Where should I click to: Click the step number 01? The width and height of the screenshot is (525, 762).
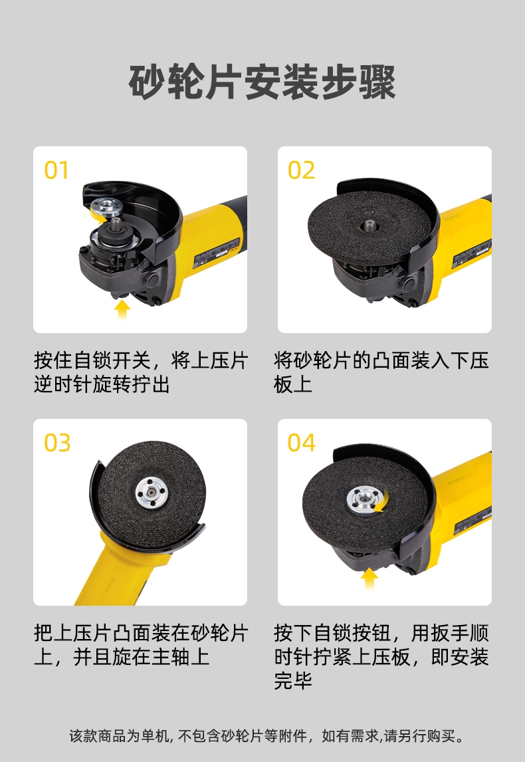[x=56, y=170]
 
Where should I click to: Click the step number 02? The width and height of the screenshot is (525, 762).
[x=301, y=170]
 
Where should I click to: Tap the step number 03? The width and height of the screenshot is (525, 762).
[x=57, y=443]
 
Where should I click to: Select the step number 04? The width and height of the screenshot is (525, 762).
[x=302, y=443]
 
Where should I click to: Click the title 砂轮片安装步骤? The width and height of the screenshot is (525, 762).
[x=262, y=82]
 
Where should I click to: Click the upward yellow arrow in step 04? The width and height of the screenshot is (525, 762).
[x=369, y=578]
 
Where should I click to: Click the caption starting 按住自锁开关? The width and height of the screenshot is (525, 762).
[x=141, y=372]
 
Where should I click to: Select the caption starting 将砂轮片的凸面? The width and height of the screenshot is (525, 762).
[x=381, y=372]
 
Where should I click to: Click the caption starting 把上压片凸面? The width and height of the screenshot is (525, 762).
[x=141, y=645]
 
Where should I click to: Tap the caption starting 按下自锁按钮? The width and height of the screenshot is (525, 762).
[x=381, y=656]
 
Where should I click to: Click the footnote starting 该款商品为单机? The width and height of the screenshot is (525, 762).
[x=266, y=736]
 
